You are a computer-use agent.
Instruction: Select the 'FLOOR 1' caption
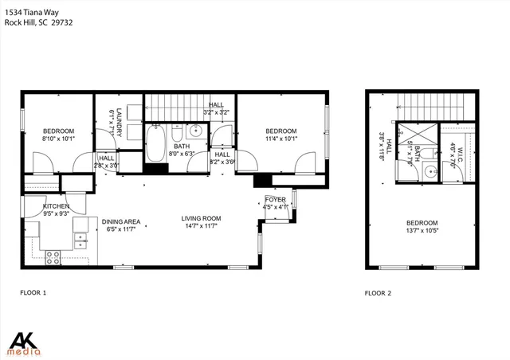pos(33,293)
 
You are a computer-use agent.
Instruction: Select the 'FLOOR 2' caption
pos(379,293)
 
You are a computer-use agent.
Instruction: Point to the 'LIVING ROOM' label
pos(201,218)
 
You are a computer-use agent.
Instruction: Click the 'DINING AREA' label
pos(120,221)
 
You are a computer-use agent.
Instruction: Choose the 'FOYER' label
pos(276,201)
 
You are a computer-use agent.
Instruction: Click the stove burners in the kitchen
pos(54,257)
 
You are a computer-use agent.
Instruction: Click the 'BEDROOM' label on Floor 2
pos(422,223)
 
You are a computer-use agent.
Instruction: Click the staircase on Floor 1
pos(175,106)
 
